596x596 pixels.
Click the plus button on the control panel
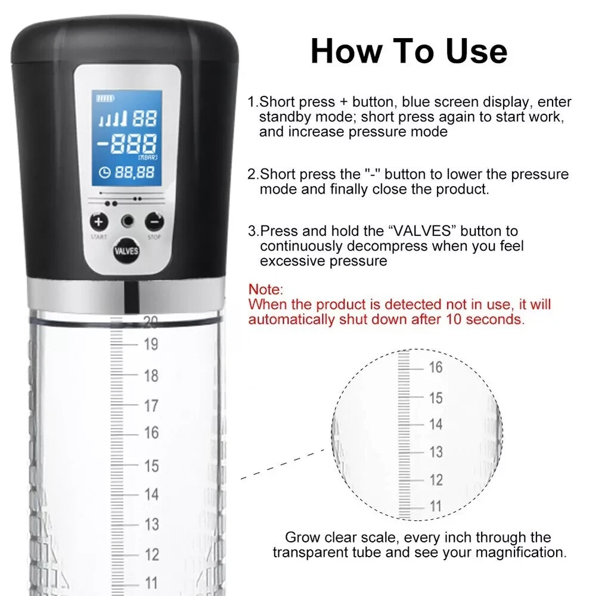pyautogui.click(x=99, y=222)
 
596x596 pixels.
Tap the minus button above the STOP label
pyautogui.click(x=154, y=222)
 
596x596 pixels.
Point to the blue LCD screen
pyautogui.click(x=126, y=138)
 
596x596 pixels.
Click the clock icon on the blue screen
pyautogui.click(x=105, y=172)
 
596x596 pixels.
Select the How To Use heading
pyautogui.click(x=408, y=51)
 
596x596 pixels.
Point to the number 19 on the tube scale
pyautogui.click(x=151, y=344)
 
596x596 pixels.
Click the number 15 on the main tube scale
pyautogui.click(x=151, y=465)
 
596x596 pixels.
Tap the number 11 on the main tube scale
pyautogui.click(x=151, y=582)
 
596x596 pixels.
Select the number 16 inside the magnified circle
pyautogui.click(x=436, y=368)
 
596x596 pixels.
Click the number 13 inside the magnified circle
pyautogui.click(x=436, y=452)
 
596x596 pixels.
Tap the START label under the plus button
pyautogui.click(x=99, y=237)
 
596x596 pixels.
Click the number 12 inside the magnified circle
pyautogui.click(x=436, y=480)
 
